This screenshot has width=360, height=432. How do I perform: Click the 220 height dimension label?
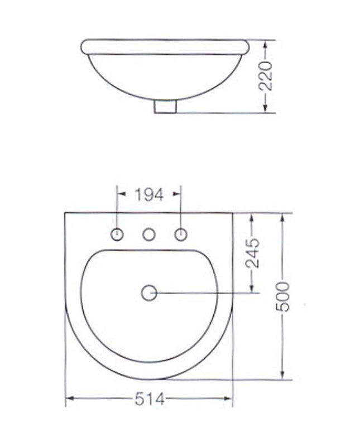[x=268, y=76]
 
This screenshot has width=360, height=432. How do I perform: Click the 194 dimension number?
[x=149, y=195]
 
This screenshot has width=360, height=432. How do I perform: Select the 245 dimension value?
[x=254, y=253]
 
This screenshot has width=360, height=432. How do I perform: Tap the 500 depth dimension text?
[x=285, y=297]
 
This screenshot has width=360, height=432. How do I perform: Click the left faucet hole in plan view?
[x=118, y=235]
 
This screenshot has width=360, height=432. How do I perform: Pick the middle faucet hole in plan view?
[x=149, y=235]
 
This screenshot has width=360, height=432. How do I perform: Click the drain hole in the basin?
[x=149, y=292]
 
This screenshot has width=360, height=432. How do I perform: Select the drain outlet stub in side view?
[x=165, y=106]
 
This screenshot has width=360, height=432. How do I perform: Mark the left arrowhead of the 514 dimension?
[x=70, y=398]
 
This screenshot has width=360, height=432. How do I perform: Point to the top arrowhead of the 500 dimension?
[x=285, y=217]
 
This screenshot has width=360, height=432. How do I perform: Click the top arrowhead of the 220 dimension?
[x=268, y=43]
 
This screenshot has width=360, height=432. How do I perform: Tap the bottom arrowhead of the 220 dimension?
[x=268, y=109]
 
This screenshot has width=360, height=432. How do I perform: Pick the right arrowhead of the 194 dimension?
[x=178, y=194]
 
